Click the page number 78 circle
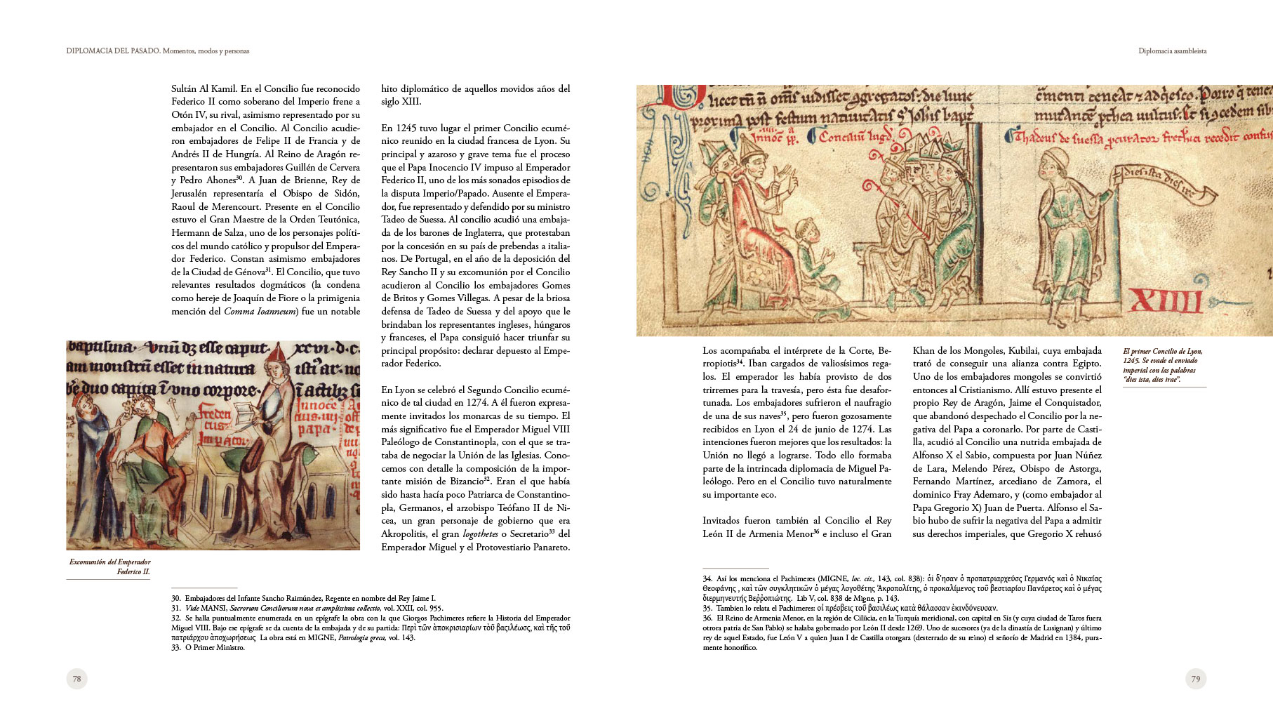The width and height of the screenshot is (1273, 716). click(x=76, y=679)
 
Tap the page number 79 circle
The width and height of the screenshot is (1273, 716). click(x=1195, y=679)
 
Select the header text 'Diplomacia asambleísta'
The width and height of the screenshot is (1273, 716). click(x=1172, y=51)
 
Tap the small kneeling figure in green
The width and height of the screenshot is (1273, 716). click(x=813, y=253)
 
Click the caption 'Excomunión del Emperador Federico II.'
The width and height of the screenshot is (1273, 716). click(x=109, y=566)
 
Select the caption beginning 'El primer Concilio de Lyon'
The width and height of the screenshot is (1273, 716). click(x=1161, y=365)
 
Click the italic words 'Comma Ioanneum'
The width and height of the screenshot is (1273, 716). click(x=260, y=311)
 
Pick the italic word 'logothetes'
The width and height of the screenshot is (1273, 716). click(x=480, y=534)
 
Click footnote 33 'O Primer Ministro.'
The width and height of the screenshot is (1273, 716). click(x=208, y=647)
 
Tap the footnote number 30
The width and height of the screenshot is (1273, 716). click(x=175, y=598)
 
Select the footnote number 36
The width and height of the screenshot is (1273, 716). click(x=707, y=618)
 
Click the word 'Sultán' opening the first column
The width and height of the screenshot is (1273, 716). click(x=185, y=88)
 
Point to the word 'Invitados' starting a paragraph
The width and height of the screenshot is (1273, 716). click(x=722, y=521)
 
